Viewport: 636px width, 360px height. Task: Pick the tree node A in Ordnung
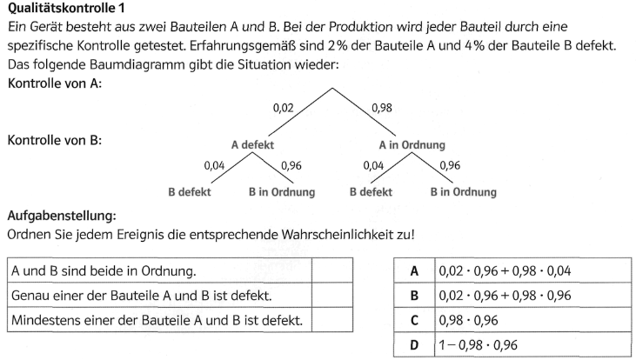click(412, 145)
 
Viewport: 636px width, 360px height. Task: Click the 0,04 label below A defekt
click(214, 165)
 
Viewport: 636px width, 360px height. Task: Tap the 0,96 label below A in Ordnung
click(451, 165)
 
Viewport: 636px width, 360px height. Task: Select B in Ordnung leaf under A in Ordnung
click(463, 191)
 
